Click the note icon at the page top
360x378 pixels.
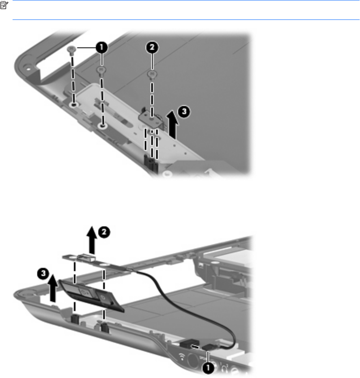[x=4, y=5]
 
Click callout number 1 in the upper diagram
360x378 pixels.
[x=102, y=47]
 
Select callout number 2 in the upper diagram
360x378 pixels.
[x=152, y=47]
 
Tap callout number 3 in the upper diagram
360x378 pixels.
[x=184, y=111]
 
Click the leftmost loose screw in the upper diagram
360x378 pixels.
[x=71, y=50]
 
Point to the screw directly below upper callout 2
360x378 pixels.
[x=151, y=74]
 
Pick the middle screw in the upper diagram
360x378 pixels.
[x=101, y=70]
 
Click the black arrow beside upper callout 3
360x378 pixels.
[x=172, y=125]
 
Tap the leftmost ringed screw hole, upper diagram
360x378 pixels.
[x=73, y=105]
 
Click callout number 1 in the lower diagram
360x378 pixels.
[x=208, y=368]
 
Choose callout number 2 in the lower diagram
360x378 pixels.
[x=104, y=232]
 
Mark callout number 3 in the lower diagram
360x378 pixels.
[x=43, y=273]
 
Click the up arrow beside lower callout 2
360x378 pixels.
[x=92, y=240]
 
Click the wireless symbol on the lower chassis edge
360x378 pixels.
[x=182, y=356]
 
